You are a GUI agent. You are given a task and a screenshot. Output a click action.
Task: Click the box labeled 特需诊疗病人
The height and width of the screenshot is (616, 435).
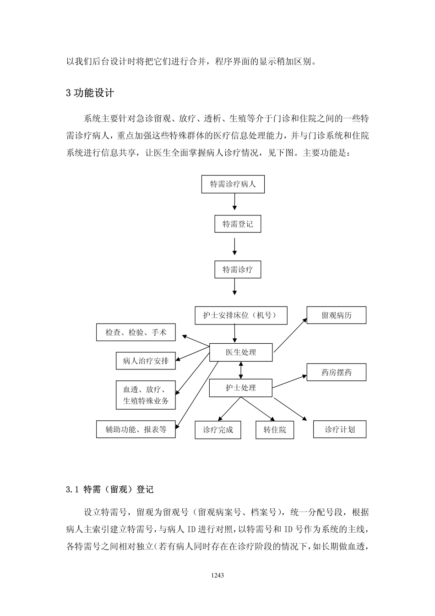[x=233, y=184]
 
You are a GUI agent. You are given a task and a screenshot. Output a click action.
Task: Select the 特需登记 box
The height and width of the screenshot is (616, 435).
[x=238, y=224]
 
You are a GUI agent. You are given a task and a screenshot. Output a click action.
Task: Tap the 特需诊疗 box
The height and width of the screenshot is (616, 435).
[x=238, y=269]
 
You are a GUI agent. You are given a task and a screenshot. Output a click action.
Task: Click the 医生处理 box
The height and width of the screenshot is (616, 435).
[x=241, y=352]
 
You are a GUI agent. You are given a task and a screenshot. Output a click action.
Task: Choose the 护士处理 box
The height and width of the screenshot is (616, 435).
[x=241, y=388]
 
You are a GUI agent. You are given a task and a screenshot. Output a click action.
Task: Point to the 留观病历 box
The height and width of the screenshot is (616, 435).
[x=336, y=315]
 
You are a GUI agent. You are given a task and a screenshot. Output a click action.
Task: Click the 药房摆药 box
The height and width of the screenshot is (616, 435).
[x=336, y=372]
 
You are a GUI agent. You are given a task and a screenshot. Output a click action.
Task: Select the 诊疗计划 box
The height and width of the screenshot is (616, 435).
[x=339, y=429]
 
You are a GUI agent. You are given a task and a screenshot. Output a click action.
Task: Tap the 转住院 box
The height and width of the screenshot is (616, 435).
[x=275, y=430]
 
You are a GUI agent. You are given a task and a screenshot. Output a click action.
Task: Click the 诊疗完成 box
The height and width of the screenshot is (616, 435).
[x=218, y=430]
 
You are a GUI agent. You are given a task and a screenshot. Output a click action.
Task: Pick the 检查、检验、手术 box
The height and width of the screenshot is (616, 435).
[x=136, y=332]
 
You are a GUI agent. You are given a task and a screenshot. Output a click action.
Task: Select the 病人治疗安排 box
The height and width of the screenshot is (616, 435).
[x=146, y=361]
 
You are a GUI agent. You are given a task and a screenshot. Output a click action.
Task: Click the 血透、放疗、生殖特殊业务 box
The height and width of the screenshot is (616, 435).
[x=146, y=395]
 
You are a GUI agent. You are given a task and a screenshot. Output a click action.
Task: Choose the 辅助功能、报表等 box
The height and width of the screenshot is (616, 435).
[x=136, y=429]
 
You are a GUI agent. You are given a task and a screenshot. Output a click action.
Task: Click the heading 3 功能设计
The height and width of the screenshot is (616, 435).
[x=90, y=93]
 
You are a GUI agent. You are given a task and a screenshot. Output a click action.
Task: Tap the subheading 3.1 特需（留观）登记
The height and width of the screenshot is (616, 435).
[x=110, y=489]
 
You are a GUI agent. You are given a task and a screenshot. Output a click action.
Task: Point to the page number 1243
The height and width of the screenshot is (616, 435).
[x=217, y=575]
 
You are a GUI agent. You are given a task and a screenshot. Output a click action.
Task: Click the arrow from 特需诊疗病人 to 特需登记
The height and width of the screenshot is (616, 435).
[x=235, y=201]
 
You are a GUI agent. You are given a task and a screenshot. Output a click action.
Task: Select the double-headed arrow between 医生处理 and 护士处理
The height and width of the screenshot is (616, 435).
[x=241, y=370]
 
